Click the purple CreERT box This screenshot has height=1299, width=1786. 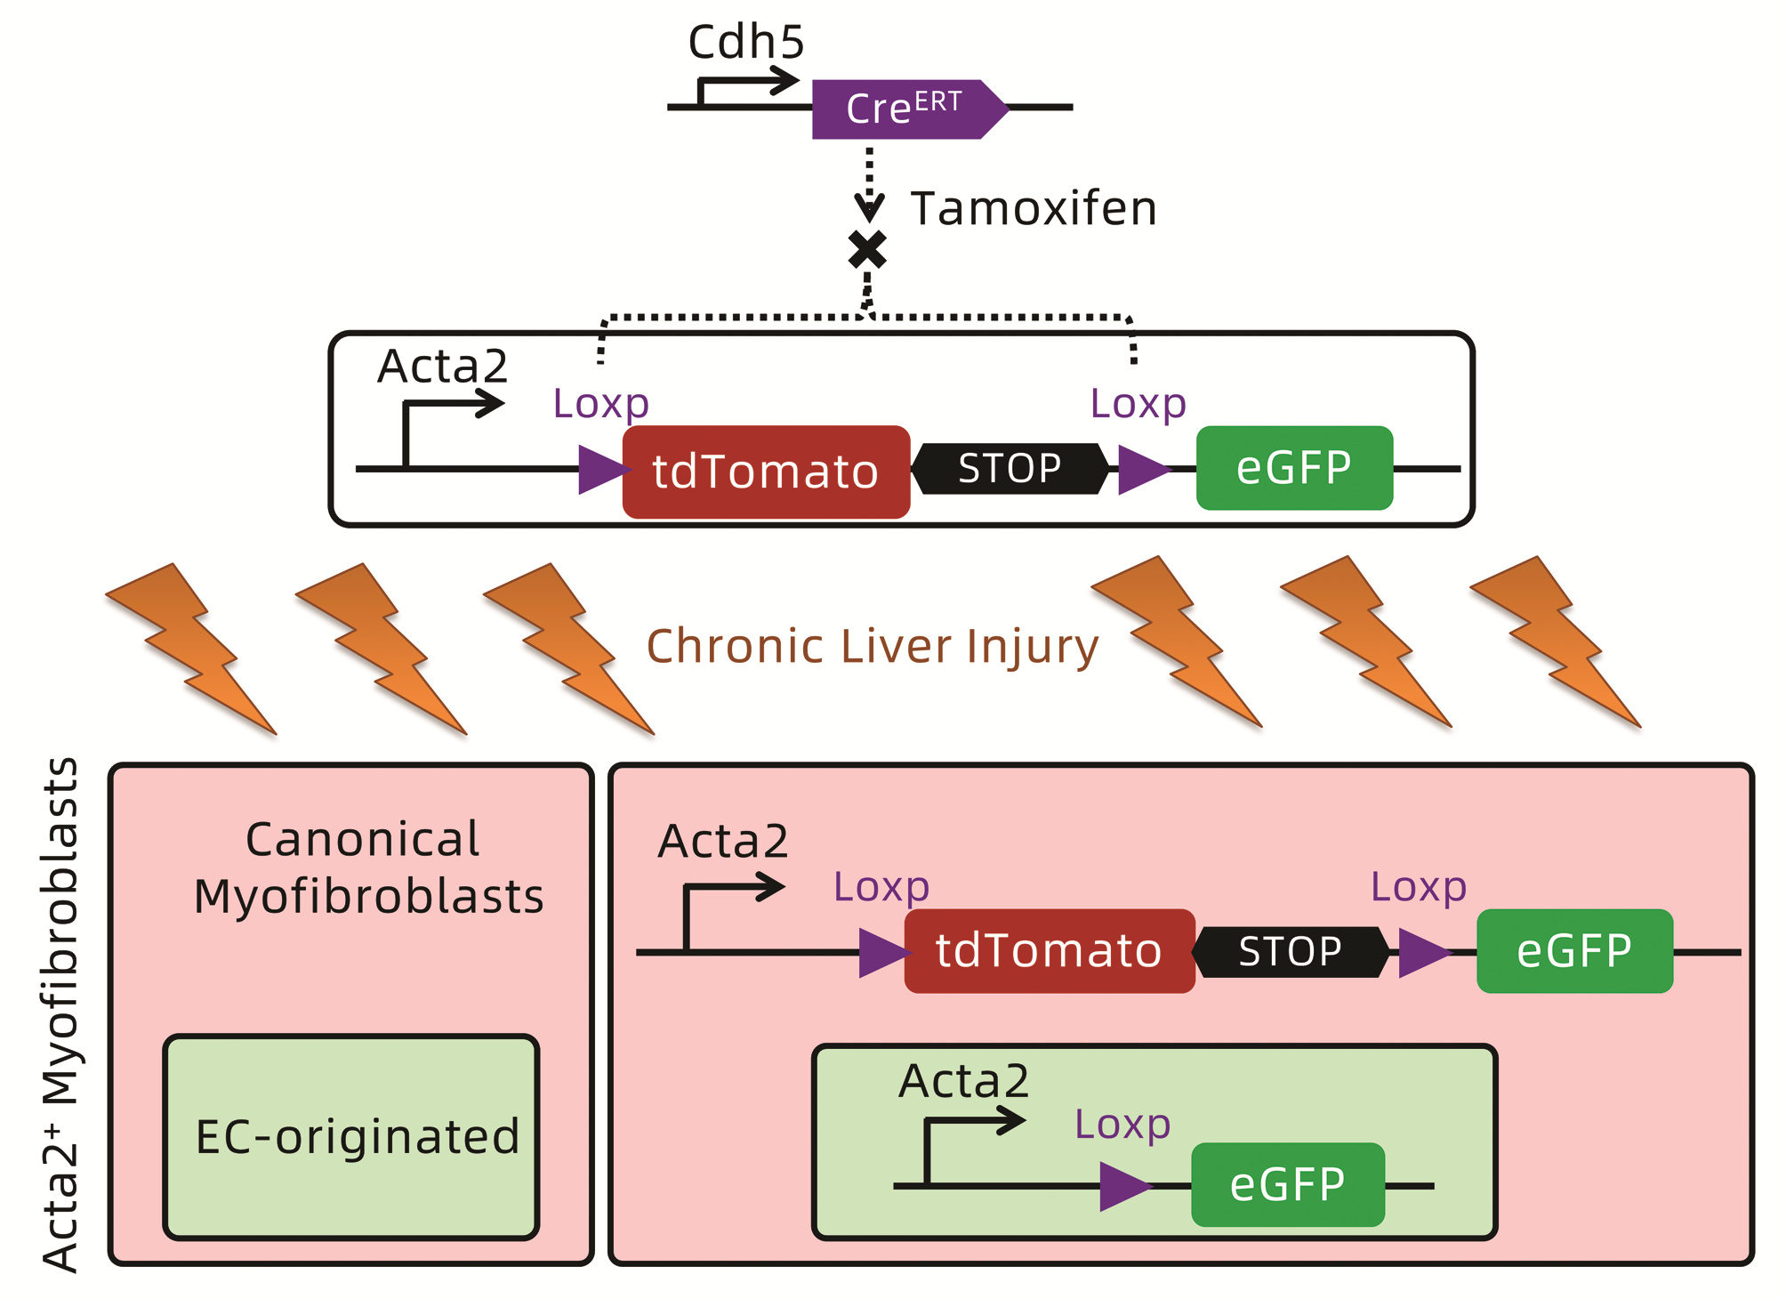[904, 109]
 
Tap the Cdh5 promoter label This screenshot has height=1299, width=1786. [745, 42]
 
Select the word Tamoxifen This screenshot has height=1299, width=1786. [1033, 209]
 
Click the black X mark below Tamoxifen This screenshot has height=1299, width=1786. [867, 250]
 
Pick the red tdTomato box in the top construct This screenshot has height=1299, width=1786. [766, 472]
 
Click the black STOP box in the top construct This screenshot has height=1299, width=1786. [1010, 469]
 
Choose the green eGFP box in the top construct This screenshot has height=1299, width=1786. [1294, 468]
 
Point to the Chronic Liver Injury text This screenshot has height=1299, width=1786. [872, 646]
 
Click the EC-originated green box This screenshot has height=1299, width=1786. [352, 1136]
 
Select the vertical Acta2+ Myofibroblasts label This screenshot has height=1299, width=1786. [60, 1014]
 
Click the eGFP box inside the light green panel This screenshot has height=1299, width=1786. [1287, 1184]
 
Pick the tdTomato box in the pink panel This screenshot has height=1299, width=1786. [1049, 950]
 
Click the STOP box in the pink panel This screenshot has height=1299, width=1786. [1290, 952]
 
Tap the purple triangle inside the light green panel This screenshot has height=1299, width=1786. [1122, 1186]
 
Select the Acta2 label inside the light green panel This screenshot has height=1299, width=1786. [963, 1081]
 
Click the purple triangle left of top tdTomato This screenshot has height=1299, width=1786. [600, 469]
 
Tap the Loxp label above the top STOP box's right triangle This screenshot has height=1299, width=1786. [1138, 403]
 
